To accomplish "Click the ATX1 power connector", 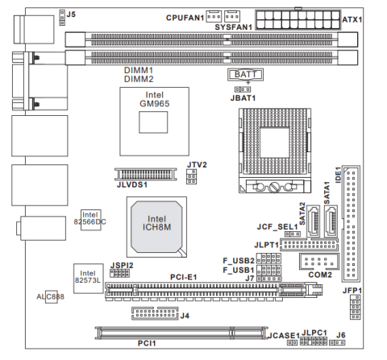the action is [298, 19].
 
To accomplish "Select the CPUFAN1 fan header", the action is [214, 16].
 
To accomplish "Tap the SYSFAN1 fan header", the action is [232, 16].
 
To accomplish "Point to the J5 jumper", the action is [62, 18].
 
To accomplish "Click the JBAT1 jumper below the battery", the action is [243, 89].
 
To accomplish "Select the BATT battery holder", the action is [245, 75].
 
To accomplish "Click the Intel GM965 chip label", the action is [155, 99].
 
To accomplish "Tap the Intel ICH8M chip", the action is [156, 227].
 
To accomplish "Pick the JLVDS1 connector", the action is [146, 174].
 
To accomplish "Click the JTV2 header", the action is [191, 176].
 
